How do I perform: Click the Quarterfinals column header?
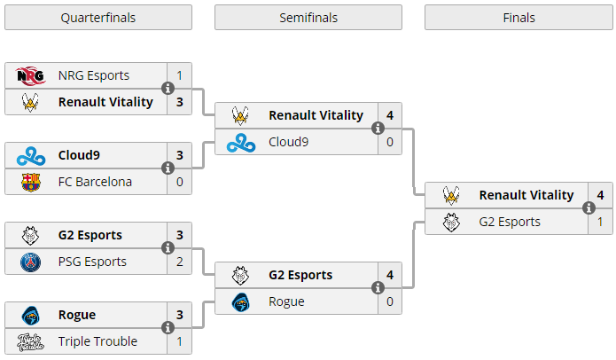98,18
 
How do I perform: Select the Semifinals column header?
308,18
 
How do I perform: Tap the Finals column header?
519,18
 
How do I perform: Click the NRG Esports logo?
31,75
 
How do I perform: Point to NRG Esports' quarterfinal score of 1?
180,75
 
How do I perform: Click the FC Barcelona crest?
31,182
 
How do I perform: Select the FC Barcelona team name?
95,182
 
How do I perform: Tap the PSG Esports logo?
31,262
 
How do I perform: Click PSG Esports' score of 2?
180,262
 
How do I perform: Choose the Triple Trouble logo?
31,342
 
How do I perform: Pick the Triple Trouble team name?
97,341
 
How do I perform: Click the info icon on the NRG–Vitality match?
168,89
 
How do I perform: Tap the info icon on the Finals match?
589,207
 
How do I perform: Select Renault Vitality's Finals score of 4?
600,195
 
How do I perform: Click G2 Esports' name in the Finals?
510,222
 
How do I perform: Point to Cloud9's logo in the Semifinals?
241,142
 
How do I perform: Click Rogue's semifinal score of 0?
390,301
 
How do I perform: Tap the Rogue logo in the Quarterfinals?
31,315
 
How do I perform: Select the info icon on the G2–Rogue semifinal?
378,287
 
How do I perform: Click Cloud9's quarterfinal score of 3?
180,155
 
